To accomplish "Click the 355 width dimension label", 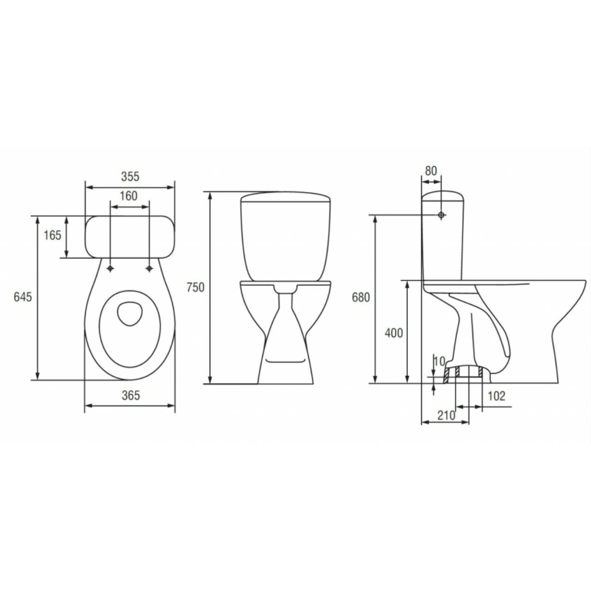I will click(x=129, y=176).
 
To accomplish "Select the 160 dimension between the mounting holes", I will click(x=129, y=196).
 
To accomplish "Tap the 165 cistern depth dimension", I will click(x=53, y=236).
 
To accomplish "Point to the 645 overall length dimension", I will click(x=23, y=297).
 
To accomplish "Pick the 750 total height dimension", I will click(x=195, y=287).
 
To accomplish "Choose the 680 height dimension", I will click(x=362, y=298).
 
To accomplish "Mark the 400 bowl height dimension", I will click(x=394, y=332).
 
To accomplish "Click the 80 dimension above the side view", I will click(x=430, y=171).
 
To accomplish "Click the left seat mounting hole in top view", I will click(x=110, y=269).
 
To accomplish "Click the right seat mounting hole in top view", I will click(x=149, y=269).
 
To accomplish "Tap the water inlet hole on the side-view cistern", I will click(x=443, y=215).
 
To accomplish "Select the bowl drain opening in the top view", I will click(x=129, y=312).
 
